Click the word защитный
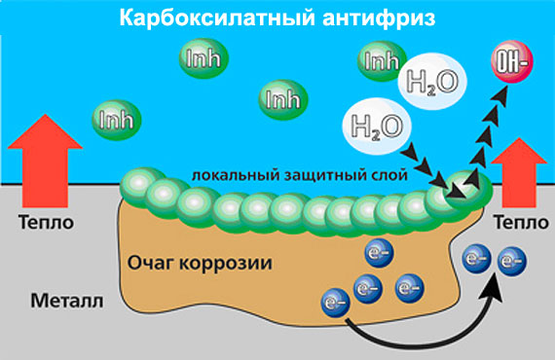(311, 171)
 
